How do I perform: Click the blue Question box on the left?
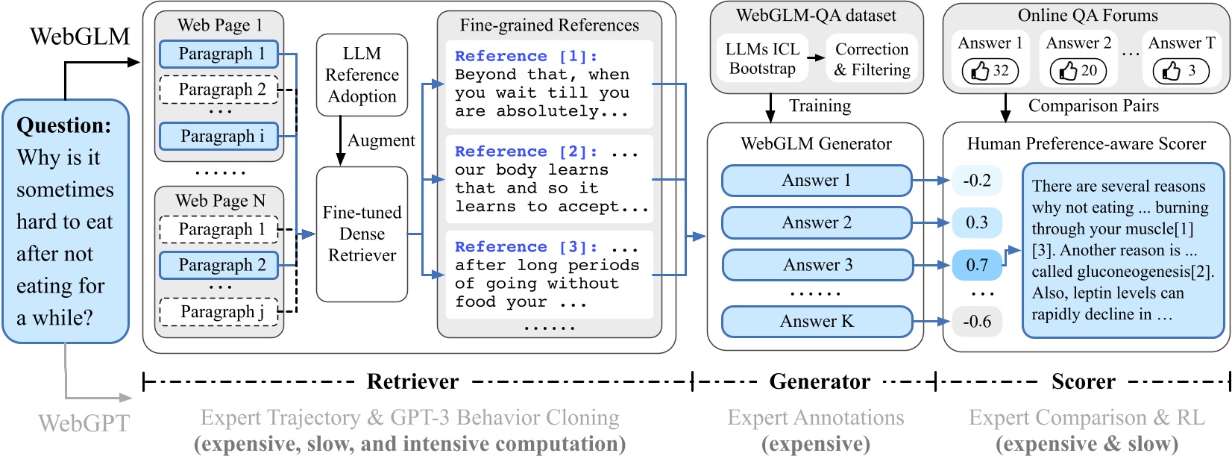click(66, 222)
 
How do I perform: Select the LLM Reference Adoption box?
click(362, 75)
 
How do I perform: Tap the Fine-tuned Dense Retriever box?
click(362, 234)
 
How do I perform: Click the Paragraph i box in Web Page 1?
click(219, 137)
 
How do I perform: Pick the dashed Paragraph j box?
click(219, 312)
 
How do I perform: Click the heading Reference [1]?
click(526, 56)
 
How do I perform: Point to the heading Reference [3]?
click(526, 246)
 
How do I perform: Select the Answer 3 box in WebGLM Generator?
click(817, 265)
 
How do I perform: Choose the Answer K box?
click(817, 322)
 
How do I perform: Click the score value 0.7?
click(976, 265)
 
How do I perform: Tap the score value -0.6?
click(976, 322)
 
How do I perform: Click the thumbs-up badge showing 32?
click(990, 71)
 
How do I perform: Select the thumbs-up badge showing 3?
click(1181, 71)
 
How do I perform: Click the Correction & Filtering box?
click(872, 59)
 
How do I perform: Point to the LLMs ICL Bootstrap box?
click(762, 59)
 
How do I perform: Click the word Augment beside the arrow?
click(381, 140)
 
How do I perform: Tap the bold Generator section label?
click(819, 381)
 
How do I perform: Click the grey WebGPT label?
click(84, 423)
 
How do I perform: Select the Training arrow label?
click(820, 106)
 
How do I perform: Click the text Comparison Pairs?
click(1093, 106)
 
